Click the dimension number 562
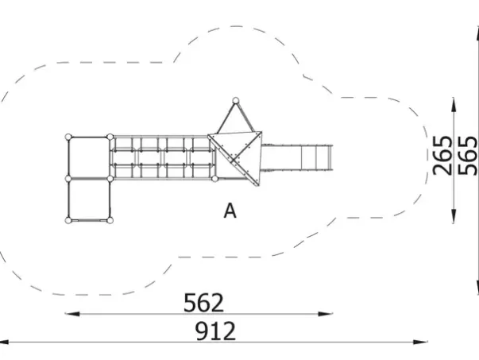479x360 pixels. [204, 303]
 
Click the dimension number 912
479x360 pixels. [216, 331]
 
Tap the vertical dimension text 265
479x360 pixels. [442, 155]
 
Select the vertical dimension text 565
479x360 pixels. [468, 155]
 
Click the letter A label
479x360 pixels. [230, 211]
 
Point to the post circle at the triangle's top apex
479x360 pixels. [234, 100]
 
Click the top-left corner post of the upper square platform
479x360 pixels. [68, 137]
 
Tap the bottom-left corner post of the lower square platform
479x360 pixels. [68, 219]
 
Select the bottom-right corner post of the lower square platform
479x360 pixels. [110, 219]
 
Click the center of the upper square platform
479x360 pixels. [89, 157]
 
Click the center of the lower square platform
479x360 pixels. [89, 199]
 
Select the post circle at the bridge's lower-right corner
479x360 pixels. [214, 178]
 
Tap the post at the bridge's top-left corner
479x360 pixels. [110, 137]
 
